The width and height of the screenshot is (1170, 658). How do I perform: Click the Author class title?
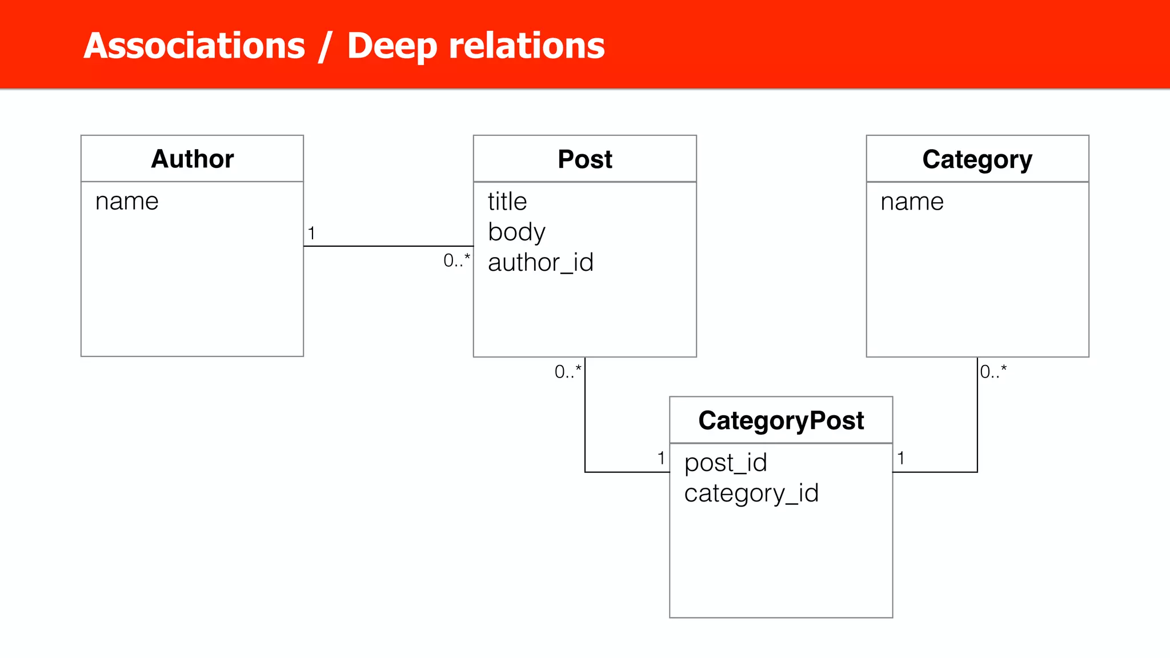pos(193,159)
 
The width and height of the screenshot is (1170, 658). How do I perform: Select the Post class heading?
pos(584,159)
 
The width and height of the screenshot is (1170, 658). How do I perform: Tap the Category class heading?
pos(977,159)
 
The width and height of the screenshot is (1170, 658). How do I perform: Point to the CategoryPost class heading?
pos(781,420)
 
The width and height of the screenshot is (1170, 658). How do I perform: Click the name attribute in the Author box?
pos(127,201)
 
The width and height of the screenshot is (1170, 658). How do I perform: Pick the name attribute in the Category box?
pos(912,202)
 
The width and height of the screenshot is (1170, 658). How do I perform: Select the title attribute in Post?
pos(507,201)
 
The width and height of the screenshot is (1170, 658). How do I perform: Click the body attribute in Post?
pos(516,232)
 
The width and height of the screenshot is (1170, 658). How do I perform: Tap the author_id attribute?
pos(540,262)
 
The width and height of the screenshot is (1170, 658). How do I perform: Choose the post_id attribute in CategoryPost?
pos(726,463)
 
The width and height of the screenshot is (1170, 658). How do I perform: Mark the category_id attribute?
pos(751,493)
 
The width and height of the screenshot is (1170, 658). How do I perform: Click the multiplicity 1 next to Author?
pos(311,233)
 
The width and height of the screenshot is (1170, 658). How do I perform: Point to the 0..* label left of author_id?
pos(456,260)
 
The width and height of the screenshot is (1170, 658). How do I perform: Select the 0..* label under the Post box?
pos(567,372)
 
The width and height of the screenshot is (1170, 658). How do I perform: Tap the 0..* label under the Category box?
pos(993,372)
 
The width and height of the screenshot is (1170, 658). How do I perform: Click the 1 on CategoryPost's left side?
pos(661,458)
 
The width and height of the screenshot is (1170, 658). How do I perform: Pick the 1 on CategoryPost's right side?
pos(901,458)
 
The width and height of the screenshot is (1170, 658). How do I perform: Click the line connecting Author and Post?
pos(388,246)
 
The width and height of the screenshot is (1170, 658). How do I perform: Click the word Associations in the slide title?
pos(194,46)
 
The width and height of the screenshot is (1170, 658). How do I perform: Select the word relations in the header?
pos(526,46)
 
